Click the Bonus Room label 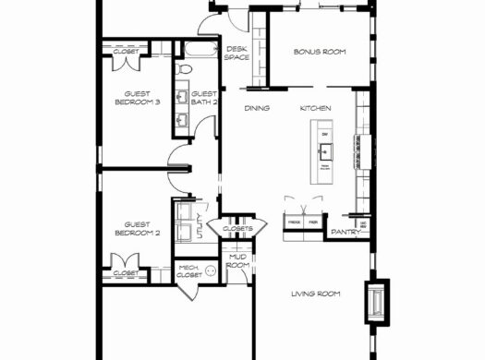point(319,52)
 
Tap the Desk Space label point(236,53)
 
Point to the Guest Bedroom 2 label point(137,228)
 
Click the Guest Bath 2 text point(204,98)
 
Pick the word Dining point(256,109)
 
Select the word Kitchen point(315,109)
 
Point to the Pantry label point(344,232)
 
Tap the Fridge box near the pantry point(294,223)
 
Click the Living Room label point(316,294)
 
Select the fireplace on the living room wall point(379,303)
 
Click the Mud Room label point(237,262)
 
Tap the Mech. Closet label point(189,271)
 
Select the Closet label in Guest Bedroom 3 point(127,52)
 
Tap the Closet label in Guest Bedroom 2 point(126,273)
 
